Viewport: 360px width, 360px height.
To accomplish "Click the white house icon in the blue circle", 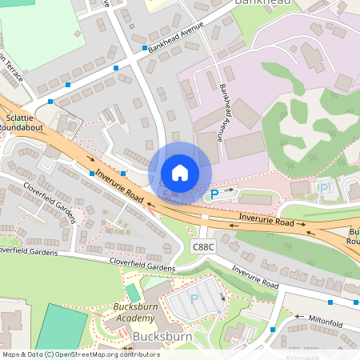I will pyautogui.click(x=180, y=173).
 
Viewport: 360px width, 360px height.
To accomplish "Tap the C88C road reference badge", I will pyautogui.click(x=204, y=247).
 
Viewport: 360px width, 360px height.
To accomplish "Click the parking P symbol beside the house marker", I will pyautogui.click(x=213, y=194).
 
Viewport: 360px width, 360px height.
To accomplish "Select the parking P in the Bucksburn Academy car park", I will pyautogui.click(x=194, y=298).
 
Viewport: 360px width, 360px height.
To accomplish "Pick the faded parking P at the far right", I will pyautogui.click(x=325, y=187).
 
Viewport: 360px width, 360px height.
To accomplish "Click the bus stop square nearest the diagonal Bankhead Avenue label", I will pyautogui.click(x=145, y=49).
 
